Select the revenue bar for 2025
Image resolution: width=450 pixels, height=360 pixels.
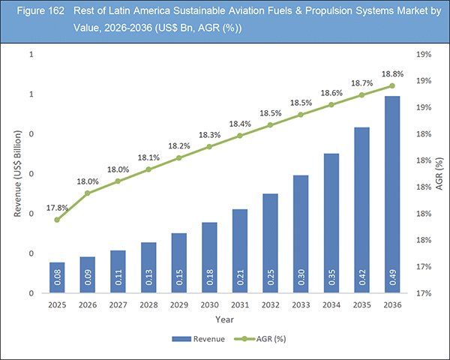(x=57, y=277)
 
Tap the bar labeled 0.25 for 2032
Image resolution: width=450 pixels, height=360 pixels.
(x=270, y=243)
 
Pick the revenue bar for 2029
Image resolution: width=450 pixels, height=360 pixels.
(x=178, y=262)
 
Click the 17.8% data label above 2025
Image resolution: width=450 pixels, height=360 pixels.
(x=58, y=207)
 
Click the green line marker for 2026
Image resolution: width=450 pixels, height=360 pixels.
(x=88, y=193)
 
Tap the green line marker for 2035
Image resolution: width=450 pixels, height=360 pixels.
(x=361, y=95)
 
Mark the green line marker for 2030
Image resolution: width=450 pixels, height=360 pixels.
(x=209, y=147)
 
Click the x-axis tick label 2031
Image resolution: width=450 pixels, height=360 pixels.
(x=239, y=305)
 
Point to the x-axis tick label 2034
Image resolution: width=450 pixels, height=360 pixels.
(x=330, y=305)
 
